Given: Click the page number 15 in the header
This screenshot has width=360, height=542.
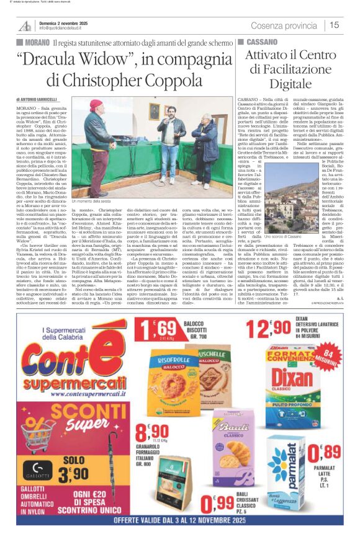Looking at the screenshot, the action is (x=335, y=25).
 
